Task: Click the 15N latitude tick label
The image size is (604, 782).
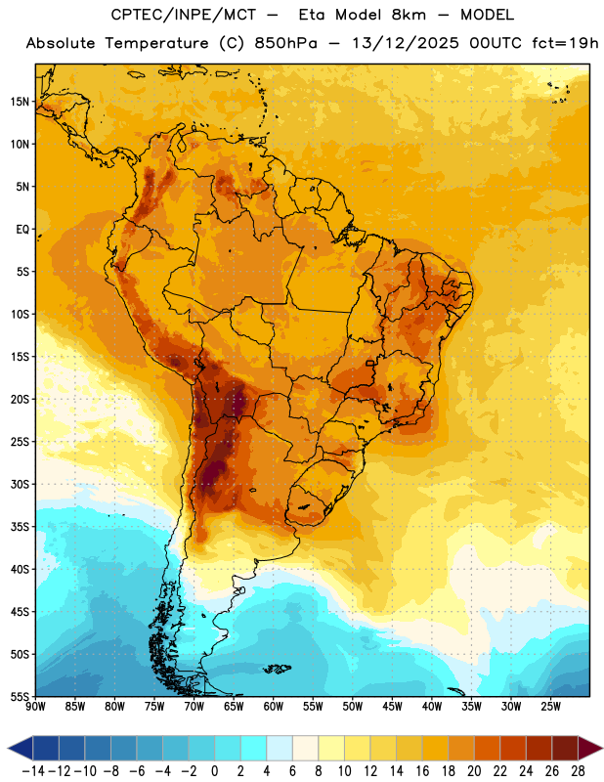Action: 20,102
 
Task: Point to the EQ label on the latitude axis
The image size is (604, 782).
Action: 22,230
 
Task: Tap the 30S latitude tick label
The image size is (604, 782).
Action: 20,484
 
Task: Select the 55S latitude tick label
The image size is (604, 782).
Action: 20,696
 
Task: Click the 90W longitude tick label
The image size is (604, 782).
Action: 36,707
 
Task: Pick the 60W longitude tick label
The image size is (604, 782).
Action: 274,707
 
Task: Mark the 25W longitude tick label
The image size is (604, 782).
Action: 550,707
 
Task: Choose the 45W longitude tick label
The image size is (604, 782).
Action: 393,707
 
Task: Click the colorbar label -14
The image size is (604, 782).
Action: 34,771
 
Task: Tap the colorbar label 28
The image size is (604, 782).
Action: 578,771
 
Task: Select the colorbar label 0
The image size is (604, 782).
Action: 215,771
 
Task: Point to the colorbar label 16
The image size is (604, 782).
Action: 422,771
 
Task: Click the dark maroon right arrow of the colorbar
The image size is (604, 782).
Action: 590,748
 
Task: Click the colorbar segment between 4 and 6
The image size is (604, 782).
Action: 280,748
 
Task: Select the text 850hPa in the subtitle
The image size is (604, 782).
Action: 285,43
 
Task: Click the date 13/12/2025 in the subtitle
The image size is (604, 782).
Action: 405,43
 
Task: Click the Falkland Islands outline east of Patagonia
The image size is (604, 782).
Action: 277,669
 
